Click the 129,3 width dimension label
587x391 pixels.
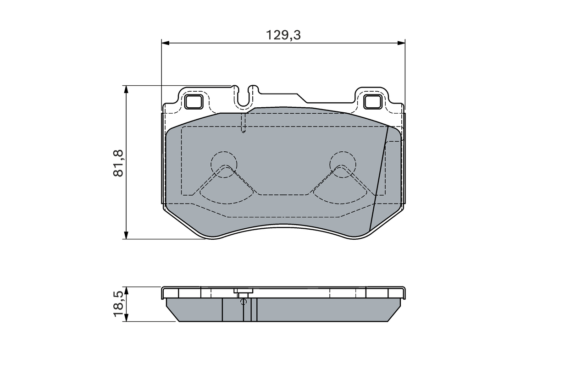coord(283,35)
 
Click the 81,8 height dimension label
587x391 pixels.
coord(118,162)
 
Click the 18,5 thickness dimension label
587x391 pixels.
coord(118,303)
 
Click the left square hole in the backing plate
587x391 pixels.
coord(194,101)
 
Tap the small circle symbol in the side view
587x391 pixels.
coord(244,301)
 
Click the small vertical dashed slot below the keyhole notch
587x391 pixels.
coord(244,122)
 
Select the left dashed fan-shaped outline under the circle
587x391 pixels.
coord(224,190)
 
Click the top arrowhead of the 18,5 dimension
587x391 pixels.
coord(126,290)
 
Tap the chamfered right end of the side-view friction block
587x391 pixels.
coord(395,312)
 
